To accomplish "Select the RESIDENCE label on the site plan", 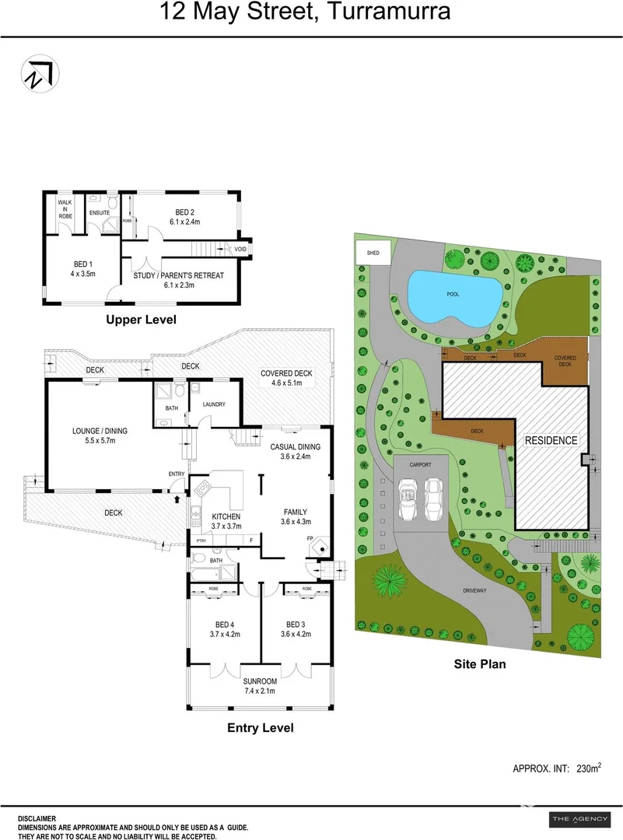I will [551, 440].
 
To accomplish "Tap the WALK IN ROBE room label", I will [65, 208].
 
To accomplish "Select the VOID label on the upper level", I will [240, 249].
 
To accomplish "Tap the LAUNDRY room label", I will [213, 404].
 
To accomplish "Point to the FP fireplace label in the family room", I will [309, 538].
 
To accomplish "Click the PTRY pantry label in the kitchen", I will [201, 541].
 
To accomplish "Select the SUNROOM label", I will [260, 681].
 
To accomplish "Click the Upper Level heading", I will [141, 320].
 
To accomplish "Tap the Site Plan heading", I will [480, 664].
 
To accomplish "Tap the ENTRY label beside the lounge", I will [177, 474].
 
